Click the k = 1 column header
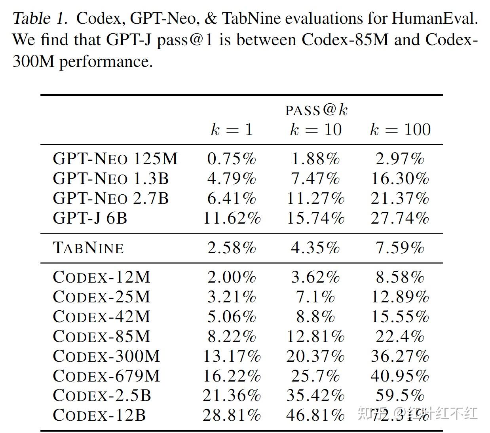[x=232, y=129]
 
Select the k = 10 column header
[x=315, y=129]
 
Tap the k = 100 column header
[x=400, y=129]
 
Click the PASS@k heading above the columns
[x=316, y=110]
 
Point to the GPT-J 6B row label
[x=90, y=218]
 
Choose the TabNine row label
[x=88, y=248]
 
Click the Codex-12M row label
[x=101, y=277]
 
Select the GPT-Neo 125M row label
[x=115, y=159]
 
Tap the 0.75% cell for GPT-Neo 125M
[x=232, y=159]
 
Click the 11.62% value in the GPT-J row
[x=232, y=218]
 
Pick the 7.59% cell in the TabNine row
[x=400, y=248]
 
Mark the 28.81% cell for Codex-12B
[x=232, y=415]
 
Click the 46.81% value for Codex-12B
[x=315, y=415]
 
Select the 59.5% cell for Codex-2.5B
[x=400, y=395]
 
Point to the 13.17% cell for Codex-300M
[x=232, y=356]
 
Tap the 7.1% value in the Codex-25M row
[x=315, y=297]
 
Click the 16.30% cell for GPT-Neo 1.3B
[x=400, y=179]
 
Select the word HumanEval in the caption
[x=434, y=18]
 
